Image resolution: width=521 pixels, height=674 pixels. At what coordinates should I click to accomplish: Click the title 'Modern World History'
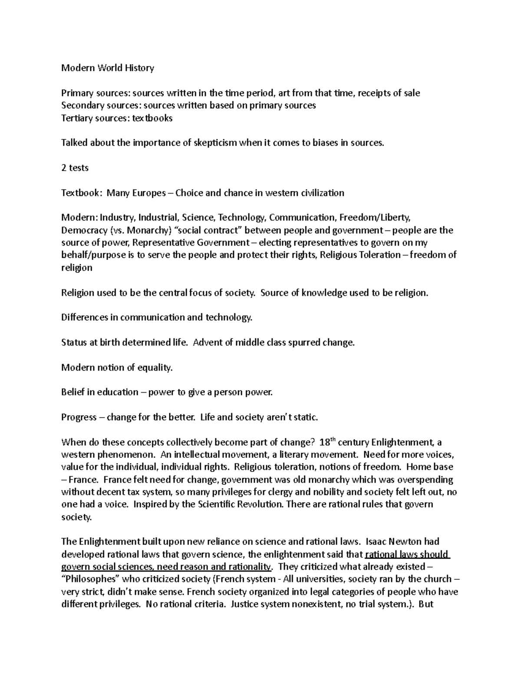click(x=108, y=68)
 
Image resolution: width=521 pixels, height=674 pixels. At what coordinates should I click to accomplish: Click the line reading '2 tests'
click(x=75, y=168)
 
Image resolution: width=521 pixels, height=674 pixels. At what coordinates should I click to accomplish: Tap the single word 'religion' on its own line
click(x=76, y=268)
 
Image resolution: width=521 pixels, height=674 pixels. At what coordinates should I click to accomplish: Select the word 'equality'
click(x=155, y=368)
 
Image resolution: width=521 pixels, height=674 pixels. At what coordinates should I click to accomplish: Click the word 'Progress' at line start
click(x=79, y=418)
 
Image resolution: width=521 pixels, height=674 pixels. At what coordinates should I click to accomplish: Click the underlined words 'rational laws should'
click(x=407, y=554)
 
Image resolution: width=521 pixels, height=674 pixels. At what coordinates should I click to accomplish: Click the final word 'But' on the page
click(x=426, y=604)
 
